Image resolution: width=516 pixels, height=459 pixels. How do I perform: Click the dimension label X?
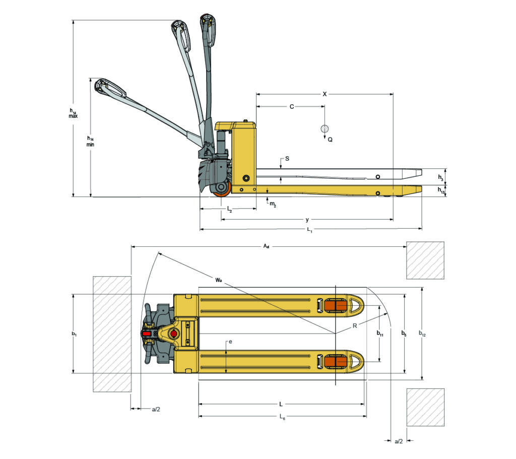click(x=325, y=94)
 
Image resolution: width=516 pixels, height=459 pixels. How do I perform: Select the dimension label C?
click(x=291, y=107)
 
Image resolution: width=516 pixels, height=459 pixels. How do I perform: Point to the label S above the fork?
click(x=287, y=158)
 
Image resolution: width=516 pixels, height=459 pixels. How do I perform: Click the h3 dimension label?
click(x=440, y=178)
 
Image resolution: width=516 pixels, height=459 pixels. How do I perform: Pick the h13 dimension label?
click(x=441, y=191)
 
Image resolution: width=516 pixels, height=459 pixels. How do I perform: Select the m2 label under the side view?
click(x=273, y=204)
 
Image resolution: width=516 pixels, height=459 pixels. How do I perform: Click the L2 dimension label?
click(x=229, y=208)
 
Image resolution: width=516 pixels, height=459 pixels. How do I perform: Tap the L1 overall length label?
click(x=310, y=231)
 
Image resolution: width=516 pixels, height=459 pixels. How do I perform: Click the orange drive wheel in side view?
click(x=221, y=189)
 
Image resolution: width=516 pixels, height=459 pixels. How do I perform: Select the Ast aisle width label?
click(x=266, y=246)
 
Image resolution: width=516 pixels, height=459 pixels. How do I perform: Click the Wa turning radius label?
click(x=218, y=279)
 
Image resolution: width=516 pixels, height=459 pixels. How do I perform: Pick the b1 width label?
click(x=74, y=334)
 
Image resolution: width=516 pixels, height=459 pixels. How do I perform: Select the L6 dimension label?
click(x=282, y=417)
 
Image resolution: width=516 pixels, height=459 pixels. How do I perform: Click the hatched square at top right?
click(x=425, y=260)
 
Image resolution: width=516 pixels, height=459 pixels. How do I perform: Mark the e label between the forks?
click(x=230, y=342)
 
